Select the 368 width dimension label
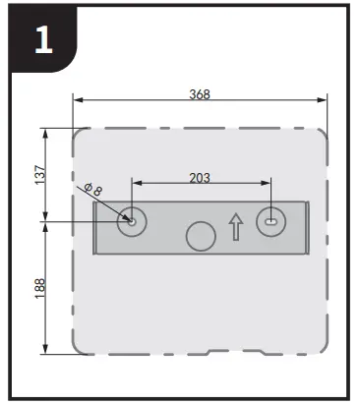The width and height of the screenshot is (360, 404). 201,95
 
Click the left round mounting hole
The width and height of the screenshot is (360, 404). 131,221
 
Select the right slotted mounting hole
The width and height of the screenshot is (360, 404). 270,221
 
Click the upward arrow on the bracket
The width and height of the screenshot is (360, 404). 235,227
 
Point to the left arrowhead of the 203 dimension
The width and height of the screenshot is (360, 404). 136,183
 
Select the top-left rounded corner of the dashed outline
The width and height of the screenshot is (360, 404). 79,135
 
